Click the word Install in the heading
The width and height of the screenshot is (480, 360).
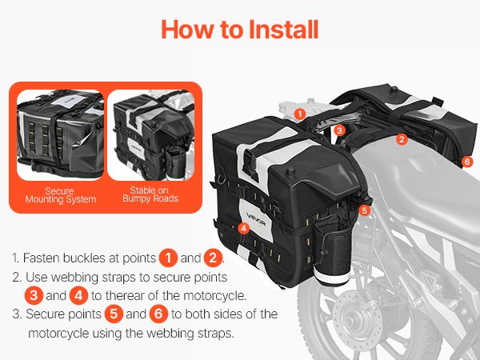coord(283,30)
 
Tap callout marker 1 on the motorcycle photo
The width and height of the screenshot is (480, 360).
coord(300,114)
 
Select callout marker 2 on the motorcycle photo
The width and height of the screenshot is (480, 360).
coord(402,139)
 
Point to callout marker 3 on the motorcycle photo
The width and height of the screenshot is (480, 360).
coord(339,130)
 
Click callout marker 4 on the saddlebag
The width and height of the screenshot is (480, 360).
coord(243,228)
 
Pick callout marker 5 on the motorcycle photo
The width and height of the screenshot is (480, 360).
coord(364,210)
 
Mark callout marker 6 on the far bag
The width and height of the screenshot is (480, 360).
coord(467,162)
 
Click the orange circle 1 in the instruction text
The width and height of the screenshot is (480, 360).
coord(168,258)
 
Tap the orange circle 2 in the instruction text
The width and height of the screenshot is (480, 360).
coord(213,258)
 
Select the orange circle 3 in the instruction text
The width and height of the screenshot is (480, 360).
coord(34,295)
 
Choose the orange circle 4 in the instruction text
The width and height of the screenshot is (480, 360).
coord(78,295)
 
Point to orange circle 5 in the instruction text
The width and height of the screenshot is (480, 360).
coord(114,314)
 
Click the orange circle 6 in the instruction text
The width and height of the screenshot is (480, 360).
coord(158,314)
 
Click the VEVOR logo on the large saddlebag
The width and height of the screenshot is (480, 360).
coord(256,220)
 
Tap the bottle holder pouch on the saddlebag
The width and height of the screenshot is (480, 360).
coord(332,251)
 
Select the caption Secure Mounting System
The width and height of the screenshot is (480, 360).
coord(61,195)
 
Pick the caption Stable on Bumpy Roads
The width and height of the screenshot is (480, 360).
coord(150,194)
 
